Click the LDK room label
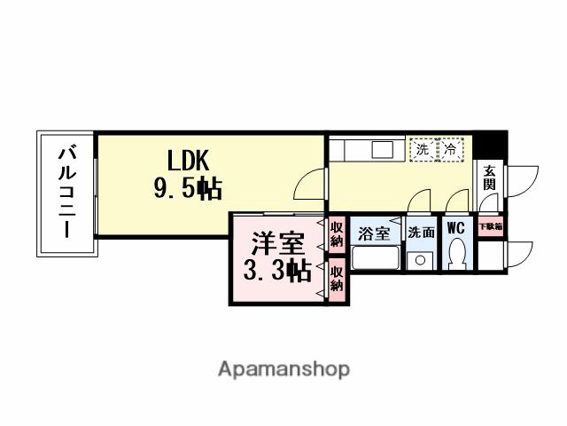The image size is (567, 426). [x=188, y=161]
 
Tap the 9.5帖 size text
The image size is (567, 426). [x=186, y=188]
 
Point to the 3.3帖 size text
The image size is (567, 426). [x=272, y=271]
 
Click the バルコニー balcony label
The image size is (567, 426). [x=66, y=192]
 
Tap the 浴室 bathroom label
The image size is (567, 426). [x=374, y=233]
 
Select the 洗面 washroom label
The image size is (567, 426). [x=421, y=233]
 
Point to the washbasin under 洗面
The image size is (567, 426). [x=421, y=261]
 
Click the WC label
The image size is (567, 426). [x=456, y=229]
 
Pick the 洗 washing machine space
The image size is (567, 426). [x=423, y=149]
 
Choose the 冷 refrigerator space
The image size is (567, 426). [x=451, y=149]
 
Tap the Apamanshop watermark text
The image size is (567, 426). [x=283, y=368]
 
